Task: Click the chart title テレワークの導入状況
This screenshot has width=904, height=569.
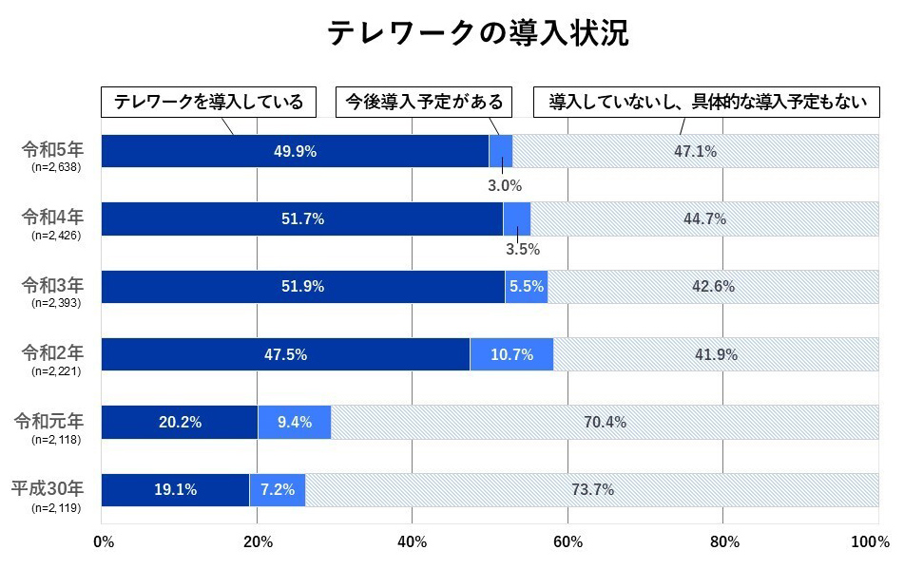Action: click(478, 32)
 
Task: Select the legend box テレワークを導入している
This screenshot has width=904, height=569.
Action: click(208, 102)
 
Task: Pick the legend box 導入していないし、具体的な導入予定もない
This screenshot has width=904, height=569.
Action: click(707, 102)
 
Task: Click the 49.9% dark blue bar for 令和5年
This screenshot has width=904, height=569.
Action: click(295, 151)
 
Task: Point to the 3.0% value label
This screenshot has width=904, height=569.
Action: click(505, 185)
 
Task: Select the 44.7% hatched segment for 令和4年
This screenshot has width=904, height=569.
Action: click(704, 219)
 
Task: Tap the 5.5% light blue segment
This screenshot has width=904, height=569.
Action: click(526, 287)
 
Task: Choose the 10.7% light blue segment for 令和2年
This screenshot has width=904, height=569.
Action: click(511, 354)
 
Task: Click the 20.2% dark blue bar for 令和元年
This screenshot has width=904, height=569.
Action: click(179, 423)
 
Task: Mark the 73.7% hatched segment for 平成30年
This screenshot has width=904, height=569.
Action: click(592, 490)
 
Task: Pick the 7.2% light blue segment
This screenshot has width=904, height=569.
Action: click(278, 490)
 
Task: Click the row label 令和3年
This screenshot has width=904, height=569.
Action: click(53, 284)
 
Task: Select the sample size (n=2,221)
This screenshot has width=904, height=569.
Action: click(56, 371)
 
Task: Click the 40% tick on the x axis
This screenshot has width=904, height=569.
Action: click(413, 542)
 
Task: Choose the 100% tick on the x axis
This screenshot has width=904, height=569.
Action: click(871, 542)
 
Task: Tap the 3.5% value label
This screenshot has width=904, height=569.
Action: click(522, 250)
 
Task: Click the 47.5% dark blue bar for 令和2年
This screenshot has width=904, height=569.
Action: click(285, 354)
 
